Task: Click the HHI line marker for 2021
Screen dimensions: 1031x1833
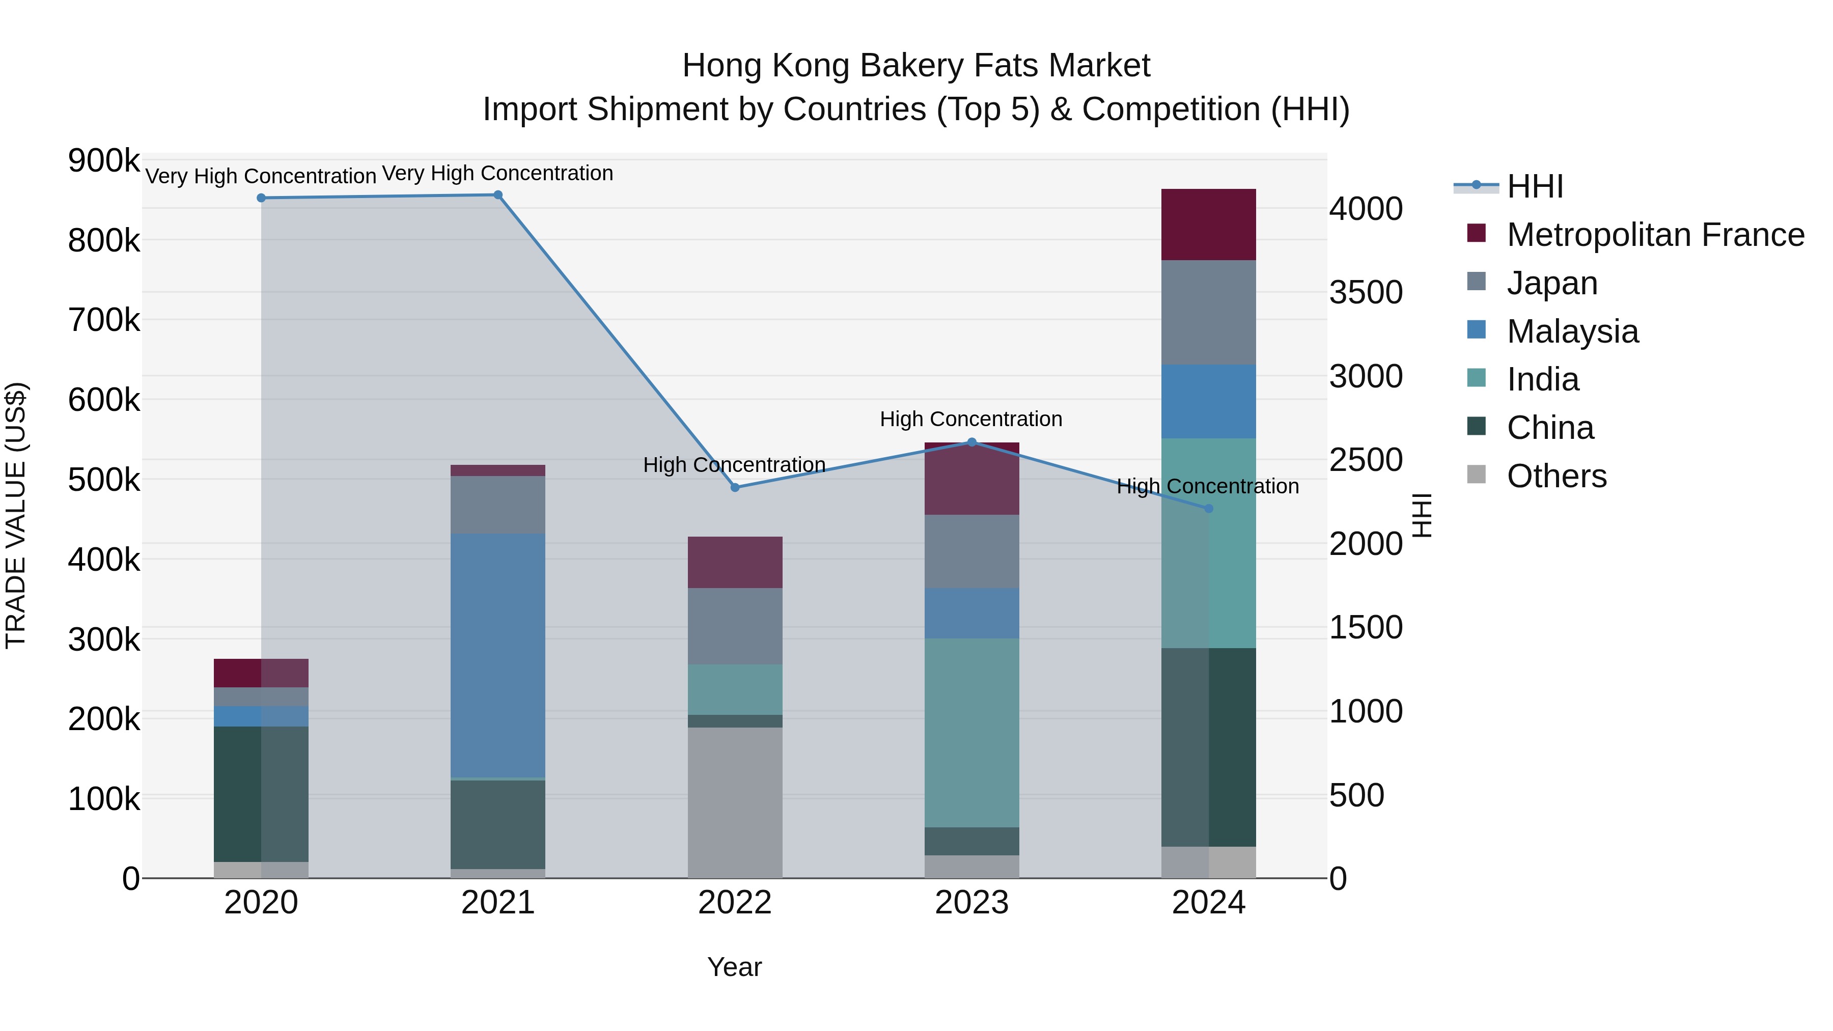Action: click(497, 195)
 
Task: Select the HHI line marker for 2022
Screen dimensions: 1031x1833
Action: click(735, 487)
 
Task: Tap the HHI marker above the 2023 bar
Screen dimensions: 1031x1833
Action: click(972, 442)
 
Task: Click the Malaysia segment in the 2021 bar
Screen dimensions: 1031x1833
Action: click(497, 655)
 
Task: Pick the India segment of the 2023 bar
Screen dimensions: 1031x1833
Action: click(971, 733)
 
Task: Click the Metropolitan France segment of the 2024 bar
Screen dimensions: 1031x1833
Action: click(1208, 224)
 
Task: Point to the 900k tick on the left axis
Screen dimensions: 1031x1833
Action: click(104, 161)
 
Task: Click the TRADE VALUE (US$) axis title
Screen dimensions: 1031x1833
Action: click(16, 515)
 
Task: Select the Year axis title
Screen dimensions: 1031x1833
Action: click(734, 967)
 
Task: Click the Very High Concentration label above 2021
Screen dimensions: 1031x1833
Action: click(497, 173)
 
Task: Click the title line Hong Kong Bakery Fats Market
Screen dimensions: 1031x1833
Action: click(916, 66)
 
